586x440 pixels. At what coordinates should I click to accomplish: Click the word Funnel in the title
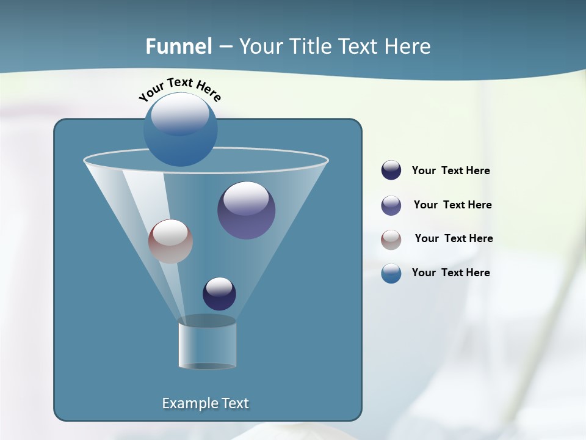coord(179,46)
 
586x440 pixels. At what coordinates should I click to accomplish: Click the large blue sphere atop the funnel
coord(180,130)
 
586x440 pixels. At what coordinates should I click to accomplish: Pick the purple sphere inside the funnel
coord(246,210)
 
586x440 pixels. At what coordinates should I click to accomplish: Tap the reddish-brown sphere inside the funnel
coord(170,241)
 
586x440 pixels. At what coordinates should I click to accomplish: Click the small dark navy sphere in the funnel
coord(219,293)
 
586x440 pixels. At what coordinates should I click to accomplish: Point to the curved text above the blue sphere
coord(179,89)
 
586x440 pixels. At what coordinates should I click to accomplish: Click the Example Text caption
coord(205,403)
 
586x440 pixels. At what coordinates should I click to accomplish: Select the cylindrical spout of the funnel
coord(207,344)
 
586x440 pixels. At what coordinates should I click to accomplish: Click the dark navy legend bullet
coord(391,170)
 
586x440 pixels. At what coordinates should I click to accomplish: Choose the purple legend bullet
coord(391,205)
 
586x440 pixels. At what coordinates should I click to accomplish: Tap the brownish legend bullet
coord(391,240)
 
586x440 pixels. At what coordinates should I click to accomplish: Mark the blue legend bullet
coord(391,273)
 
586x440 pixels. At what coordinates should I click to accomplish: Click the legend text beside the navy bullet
coord(450,171)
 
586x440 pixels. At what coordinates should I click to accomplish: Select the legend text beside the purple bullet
coord(452,205)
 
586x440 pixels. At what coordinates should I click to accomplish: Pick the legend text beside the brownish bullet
coord(454,239)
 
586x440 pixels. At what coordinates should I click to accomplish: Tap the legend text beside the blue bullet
coord(450,273)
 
